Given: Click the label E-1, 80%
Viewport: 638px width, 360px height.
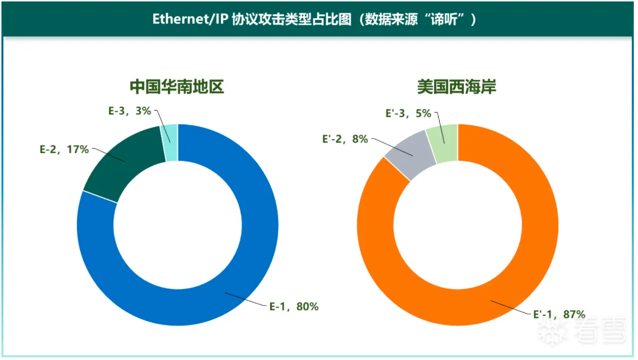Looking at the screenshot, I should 293,306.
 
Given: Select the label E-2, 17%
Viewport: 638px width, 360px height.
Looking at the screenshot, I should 64,149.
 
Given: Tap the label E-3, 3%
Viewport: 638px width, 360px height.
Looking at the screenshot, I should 130,111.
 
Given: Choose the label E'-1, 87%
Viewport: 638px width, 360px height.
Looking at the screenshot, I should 559,314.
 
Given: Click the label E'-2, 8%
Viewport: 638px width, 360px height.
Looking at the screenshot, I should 345,139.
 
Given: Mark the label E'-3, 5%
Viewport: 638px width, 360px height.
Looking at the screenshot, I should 408,113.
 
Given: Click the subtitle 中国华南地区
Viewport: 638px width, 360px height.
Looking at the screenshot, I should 177,87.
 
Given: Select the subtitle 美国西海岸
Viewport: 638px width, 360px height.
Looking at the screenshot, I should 457,87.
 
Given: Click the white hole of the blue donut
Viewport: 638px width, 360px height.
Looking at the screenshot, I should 178,224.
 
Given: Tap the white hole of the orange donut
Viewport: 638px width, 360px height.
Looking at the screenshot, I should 457,224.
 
